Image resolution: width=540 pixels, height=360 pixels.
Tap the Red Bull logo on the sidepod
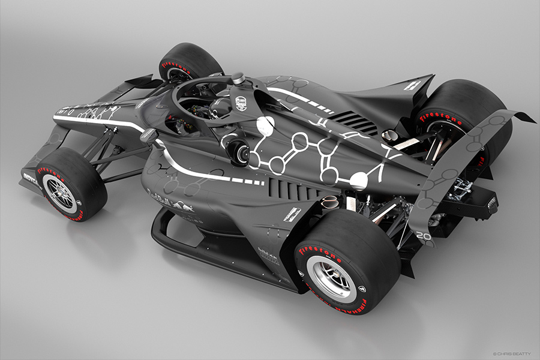175,201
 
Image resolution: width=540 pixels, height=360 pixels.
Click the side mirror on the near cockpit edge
148,136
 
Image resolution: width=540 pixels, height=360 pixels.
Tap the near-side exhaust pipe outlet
329,202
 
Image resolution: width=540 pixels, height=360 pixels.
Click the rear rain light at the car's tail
491,204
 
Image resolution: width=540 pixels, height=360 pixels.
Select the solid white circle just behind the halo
265,125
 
